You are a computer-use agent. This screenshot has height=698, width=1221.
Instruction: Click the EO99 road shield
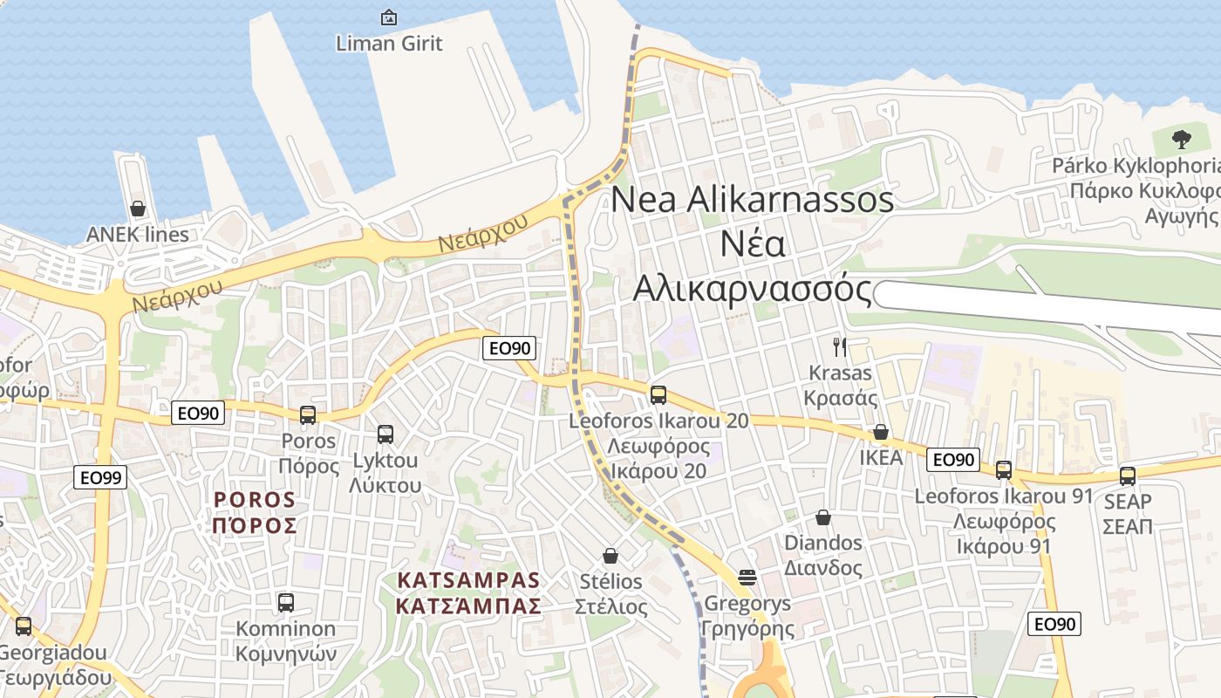click(102, 477)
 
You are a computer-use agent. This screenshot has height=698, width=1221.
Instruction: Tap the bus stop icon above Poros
click(308, 415)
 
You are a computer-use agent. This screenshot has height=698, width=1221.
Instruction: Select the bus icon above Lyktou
click(385, 434)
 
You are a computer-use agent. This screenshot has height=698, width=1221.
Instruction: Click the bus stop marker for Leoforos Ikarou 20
click(658, 394)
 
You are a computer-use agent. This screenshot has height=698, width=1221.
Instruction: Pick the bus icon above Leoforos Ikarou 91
click(1004, 469)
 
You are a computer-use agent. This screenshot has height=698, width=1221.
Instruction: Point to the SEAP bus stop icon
click(1128, 476)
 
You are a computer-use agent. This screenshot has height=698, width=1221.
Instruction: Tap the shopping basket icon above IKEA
click(881, 432)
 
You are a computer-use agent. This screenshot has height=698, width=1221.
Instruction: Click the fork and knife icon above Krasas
click(840, 347)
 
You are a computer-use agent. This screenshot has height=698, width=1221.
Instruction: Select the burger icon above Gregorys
click(747, 577)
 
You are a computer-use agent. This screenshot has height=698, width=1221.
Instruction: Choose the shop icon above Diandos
click(822, 517)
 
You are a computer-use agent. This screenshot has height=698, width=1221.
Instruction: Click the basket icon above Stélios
click(610, 556)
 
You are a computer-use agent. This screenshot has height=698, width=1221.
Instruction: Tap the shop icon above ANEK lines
click(138, 209)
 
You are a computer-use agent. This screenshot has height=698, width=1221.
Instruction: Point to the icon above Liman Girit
click(389, 17)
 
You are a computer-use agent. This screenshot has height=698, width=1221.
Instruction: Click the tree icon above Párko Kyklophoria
click(1182, 139)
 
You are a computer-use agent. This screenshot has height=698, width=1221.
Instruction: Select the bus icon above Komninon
click(286, 602)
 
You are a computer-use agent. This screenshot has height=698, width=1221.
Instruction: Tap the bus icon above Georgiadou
click(24, 626)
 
